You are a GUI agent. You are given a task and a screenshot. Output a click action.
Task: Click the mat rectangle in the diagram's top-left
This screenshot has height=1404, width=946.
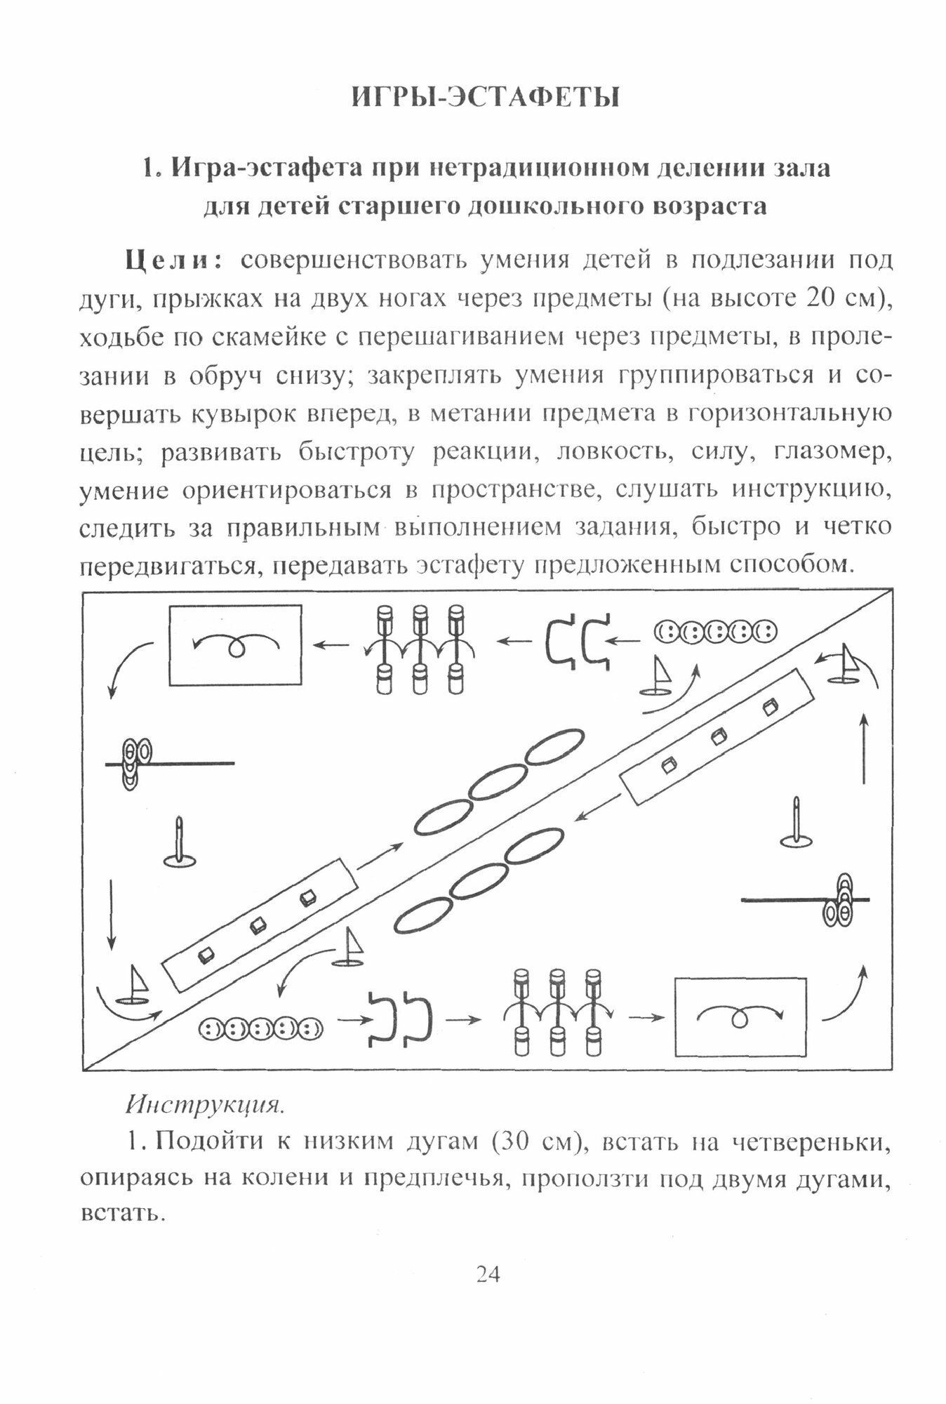pyautogui.click(x=235, y=644)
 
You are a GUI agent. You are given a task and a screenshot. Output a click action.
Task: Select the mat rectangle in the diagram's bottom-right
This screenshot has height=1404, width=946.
pyautogui.click(x=740, y=1017)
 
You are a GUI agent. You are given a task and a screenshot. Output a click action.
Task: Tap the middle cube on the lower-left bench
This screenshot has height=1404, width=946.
pyautogui.click(x=257, y=925)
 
